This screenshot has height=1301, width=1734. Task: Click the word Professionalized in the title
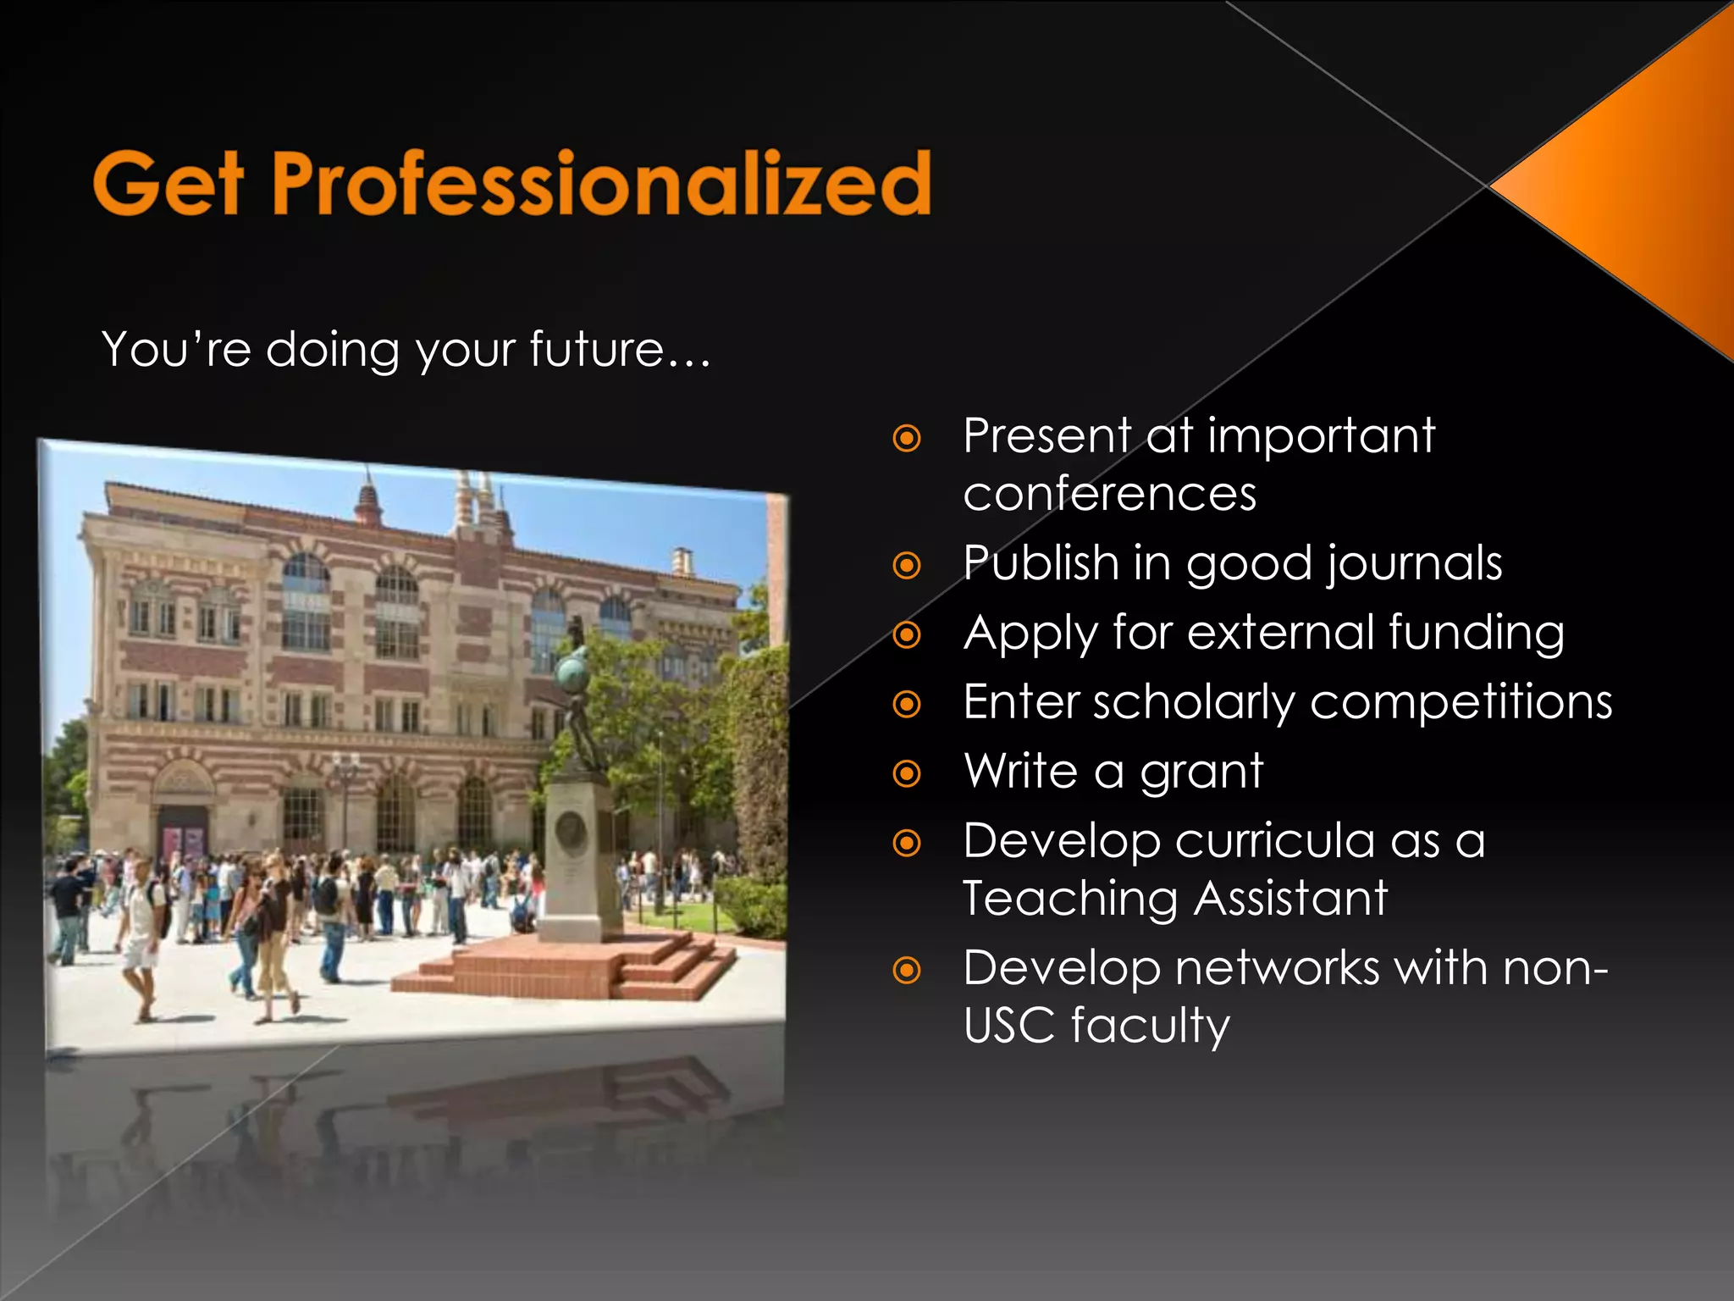click(x=601, y=183)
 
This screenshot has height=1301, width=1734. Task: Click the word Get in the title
click(x=168, y=183)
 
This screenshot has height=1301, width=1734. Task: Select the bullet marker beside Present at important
click(x=907, y=439)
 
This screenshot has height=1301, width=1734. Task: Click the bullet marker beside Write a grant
click(x=907, y=773)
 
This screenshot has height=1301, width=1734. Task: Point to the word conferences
click(x=1109, y=494)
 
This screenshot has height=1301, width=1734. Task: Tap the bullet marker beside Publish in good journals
click(x=907, y=565)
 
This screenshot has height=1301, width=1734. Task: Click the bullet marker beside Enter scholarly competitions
click(x=907, y=704)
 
